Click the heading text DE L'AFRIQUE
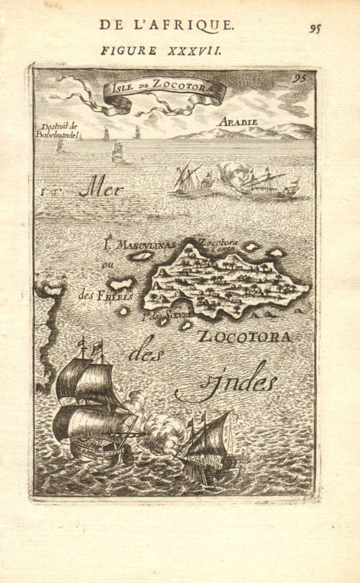click(166, 24)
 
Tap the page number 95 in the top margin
click(316, 28)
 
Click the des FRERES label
click(105, 295)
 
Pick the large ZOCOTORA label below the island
click(245, 336)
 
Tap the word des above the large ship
click(146, 354)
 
